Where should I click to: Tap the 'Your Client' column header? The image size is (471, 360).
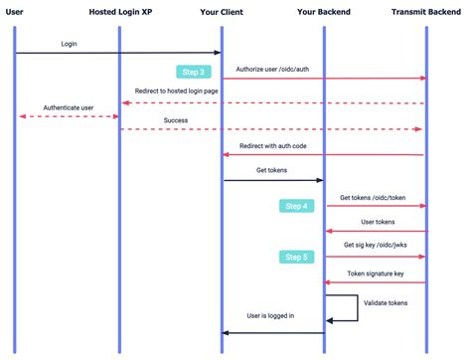[223, 11]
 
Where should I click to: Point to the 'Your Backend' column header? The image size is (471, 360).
[324, 11]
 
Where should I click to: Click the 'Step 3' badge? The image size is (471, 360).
[194, 72]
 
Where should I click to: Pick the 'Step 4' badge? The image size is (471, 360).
[297, 206]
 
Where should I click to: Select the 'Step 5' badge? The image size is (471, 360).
[297, 257]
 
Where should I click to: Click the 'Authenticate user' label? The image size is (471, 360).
[68, 107]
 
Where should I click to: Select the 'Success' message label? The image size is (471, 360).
[175, 120]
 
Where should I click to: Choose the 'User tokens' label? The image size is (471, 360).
[379, 223]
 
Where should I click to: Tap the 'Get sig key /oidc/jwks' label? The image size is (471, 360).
[376, 245]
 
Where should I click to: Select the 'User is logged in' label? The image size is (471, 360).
[270, 316]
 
